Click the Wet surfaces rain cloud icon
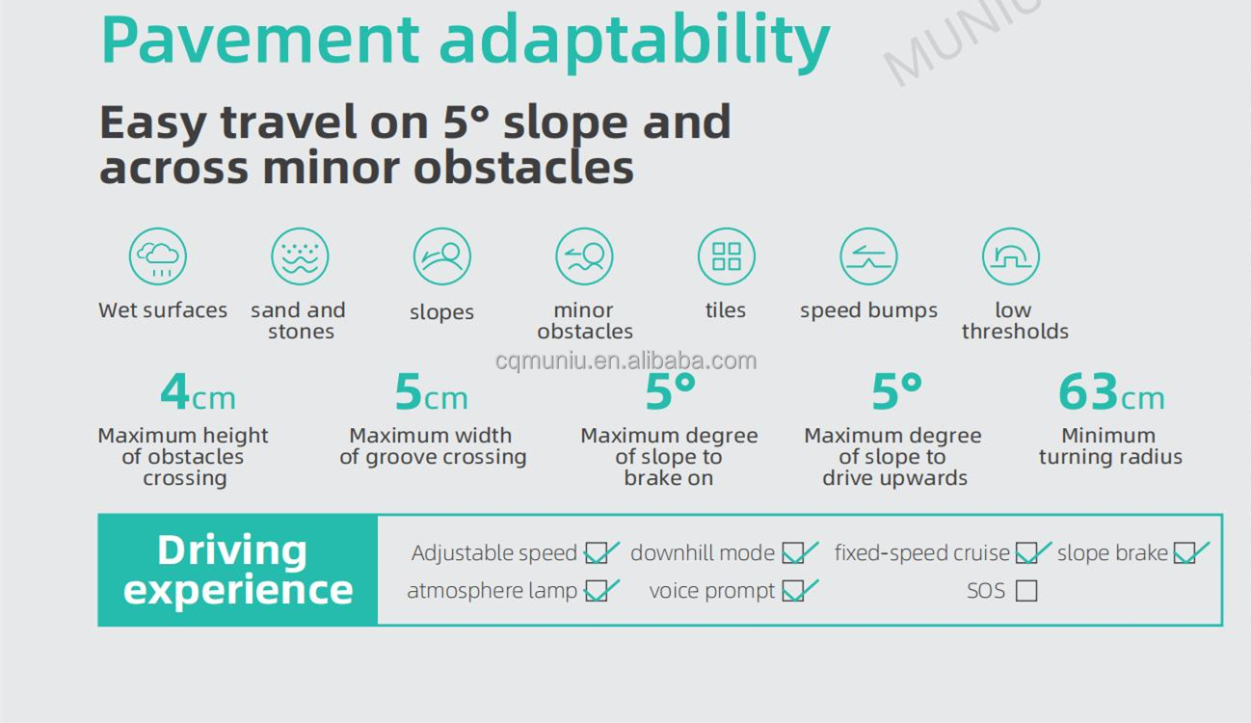point(157,256)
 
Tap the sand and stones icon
point(300,256)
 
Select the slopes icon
point(442,256)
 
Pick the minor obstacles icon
point(584,256)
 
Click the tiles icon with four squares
point(727,256)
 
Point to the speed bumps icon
point(869,256)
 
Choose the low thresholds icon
point(1011,256)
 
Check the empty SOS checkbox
point(1026,591)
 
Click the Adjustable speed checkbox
point(596,552)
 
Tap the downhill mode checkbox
point(793,552)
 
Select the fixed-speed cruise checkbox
point(1026,552)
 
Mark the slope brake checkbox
point(1184,552)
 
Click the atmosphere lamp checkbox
point(596,591)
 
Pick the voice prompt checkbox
point(793,591)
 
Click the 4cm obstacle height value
point(198,392)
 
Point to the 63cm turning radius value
point(1111,392)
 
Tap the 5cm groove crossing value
point(431,392)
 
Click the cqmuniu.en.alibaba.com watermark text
point(626,361)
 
